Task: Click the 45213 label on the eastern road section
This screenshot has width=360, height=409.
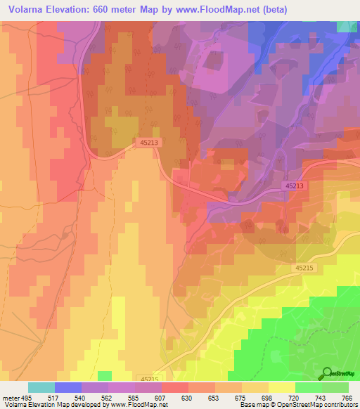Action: pyautogui.click(x=295, y=186)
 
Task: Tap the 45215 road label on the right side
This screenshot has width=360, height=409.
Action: pyautogui.click(x=305, y=268)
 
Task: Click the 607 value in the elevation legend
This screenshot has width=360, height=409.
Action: pyautogui.click(x=161, y=397)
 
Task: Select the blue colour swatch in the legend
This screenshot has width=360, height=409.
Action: pyautogui.click(x=68, y=387)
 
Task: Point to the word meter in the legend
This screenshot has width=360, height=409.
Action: pyautogui.click(x=11, y=397)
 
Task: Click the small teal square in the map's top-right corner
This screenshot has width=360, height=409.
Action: pyautogui.click(x=347, y=26)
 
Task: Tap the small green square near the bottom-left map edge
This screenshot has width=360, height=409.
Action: pyautogui.click(x=104, y=376)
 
